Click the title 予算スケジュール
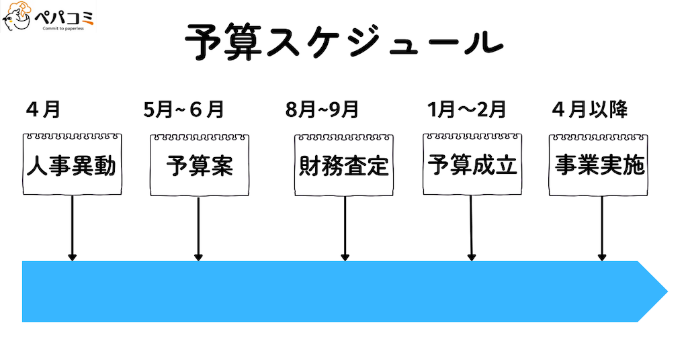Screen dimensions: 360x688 343,44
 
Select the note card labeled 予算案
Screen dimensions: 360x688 200,165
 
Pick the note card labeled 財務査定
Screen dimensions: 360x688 344,165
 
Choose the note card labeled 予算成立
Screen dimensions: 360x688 472,165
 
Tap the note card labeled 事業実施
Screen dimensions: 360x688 600,165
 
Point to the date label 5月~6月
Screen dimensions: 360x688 183,109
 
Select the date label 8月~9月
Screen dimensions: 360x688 322,109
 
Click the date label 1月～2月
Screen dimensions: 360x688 466,109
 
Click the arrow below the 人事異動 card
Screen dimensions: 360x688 72,228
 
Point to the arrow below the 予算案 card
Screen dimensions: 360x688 198,228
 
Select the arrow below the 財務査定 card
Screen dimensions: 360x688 345,228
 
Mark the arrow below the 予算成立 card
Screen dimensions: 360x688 472,228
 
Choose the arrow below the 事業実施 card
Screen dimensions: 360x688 602,228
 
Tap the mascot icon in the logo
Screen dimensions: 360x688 16,18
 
